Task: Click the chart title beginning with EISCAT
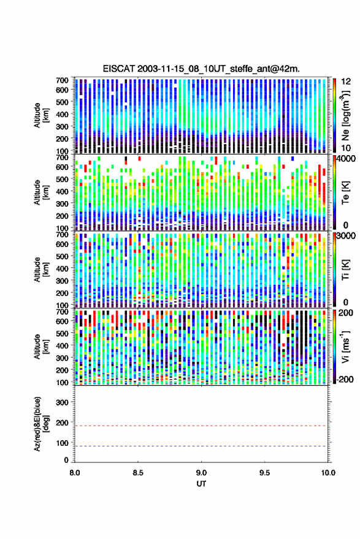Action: click(x=201, y=69)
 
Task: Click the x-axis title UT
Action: click(x=201, y=484)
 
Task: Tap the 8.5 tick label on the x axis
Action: click(x=138, y=473)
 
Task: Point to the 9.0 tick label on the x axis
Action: click(x=202, y=473)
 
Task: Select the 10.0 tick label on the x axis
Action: click(x=328, y=473)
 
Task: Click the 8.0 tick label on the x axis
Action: click(x=75, y=473)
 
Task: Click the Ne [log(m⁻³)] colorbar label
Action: click(x=345, y=115)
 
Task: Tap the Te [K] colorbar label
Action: click(x=345, y=193)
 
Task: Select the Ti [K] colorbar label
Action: click(x=345, y=270)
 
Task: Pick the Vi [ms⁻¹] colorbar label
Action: click(x=345, y=346)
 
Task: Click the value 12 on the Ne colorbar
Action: click(x=346, y=82)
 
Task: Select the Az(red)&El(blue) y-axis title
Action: click(x=41, y=424)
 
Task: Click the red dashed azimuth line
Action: click(x=201, y=426)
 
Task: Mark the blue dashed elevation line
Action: click(x=201, y=446)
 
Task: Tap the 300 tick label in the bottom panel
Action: click(x=62, y=402)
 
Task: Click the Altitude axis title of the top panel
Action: click(x=41, y=115)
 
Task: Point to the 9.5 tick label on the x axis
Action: click(x=265, y=473)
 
